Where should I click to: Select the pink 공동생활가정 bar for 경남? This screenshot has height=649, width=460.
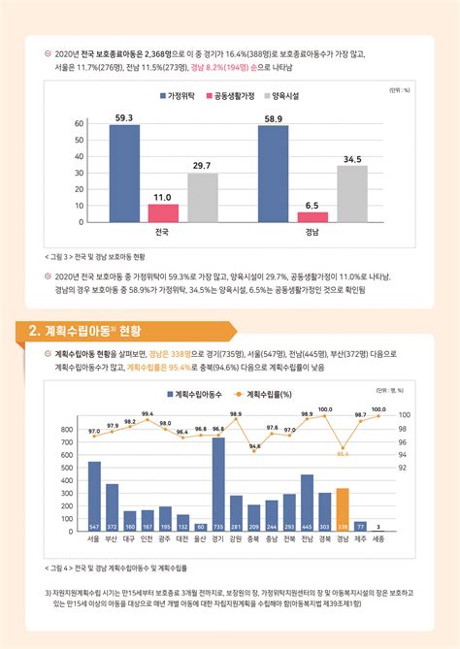(x=312, y=216)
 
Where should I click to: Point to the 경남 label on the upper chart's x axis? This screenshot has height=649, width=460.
(x=312, y=233)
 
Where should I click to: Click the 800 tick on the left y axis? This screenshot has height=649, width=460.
(x=68, y=429)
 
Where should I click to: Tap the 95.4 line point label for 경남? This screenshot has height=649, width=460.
(x=343, y=453)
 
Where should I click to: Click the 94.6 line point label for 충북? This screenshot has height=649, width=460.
(x=254, y=447)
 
